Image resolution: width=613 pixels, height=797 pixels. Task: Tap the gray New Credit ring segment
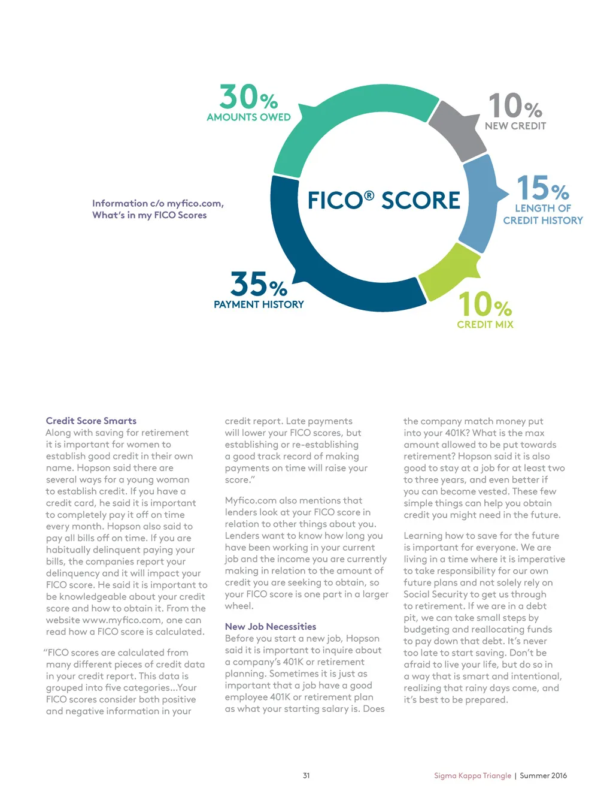(459, 128)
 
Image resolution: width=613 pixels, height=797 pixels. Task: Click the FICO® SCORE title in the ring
(384, 200)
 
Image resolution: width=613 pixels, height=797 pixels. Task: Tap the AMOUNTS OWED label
(248, 117)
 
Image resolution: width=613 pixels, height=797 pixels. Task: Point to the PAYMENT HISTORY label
(259, 304)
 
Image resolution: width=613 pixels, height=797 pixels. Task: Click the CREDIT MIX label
(485, 324)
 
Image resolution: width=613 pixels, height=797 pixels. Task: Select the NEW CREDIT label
(515, 126)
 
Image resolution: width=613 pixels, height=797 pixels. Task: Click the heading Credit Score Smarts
(91, 421)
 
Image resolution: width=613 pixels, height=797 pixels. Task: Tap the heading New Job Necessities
(271, 626)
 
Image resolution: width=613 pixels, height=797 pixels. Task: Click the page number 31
(306, 775)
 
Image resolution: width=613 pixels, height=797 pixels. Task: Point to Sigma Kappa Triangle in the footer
(472, 775)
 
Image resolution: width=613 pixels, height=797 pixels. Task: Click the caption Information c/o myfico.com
(158, 203)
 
